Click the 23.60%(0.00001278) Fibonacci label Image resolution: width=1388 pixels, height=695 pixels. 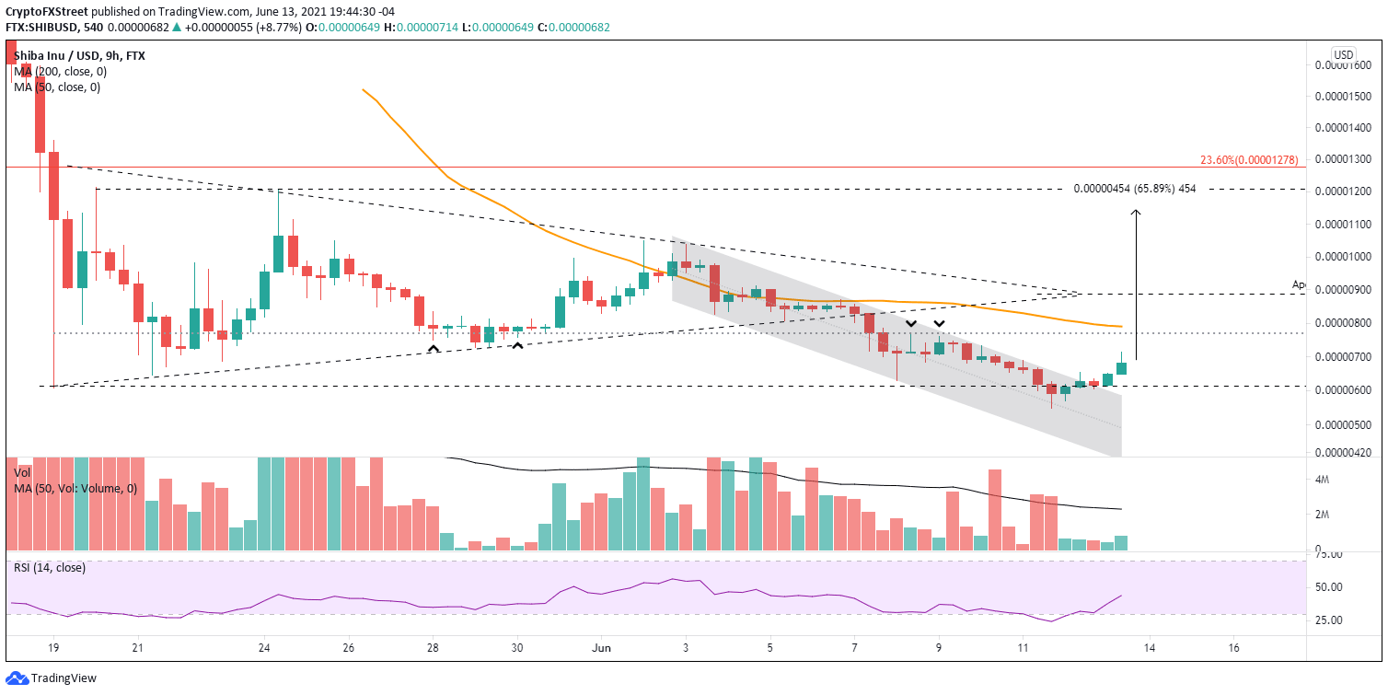pyautogui.click(x=1248, y=160)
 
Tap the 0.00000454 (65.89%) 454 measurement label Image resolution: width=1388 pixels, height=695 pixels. pyautogui.click(x=1141, y=189)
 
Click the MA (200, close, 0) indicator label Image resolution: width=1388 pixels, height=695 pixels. pyautogui.click(x=57, y=72)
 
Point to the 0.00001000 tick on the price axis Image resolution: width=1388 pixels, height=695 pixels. pyautogui.click(x=1345, y=257)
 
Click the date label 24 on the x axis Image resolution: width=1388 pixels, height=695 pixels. pyautogui.click(x=264, y=647)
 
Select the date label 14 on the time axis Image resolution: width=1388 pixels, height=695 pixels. pyautogui.click(x=1149, y=647)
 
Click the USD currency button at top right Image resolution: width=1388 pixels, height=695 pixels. pyautogui.click(x=1344, y=53)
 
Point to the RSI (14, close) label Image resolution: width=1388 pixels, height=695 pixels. pyautogui.click(x=49, y=568)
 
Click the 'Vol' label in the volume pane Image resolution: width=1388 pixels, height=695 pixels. pyautogui.click(x=22, y=471)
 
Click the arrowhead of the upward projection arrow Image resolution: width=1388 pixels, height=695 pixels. pyautogui.click(x=1137, y=213)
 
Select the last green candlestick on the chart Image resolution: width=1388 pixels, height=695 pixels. pyautogui.click(x=1121, y=367)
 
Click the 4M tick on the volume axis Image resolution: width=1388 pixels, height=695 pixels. pyautogui.click(x=1323, y=480)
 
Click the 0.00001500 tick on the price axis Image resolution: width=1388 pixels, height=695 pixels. pyautogui.click(x=1345, y=97)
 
